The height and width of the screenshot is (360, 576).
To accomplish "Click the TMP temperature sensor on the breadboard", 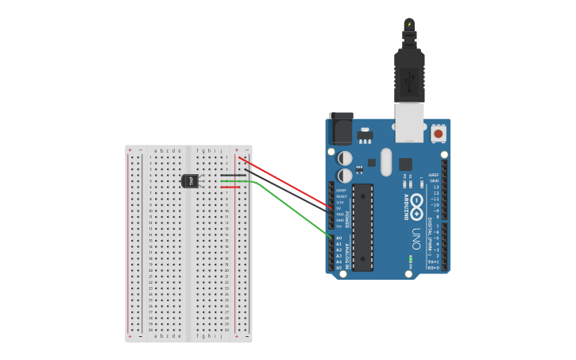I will click(x=190, y=181).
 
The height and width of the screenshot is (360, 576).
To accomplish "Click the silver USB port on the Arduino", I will click(x=409, y=122).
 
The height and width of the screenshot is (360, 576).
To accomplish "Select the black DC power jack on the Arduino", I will click(x=341, y=130).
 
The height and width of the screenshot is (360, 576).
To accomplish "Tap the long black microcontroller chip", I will click(x=362, y=227).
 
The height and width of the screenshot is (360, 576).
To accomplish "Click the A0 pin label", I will click(x=339, y=238).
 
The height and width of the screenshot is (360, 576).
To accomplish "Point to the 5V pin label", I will click(x=339, y=208).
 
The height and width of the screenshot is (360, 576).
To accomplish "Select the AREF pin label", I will click(x=433, y=175).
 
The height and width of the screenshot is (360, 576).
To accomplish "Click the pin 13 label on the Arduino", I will click(x=435, y=187).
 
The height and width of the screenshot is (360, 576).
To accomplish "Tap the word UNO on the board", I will click(x=416, y=238).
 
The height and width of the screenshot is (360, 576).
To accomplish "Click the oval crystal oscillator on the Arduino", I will click(x=386, y=162).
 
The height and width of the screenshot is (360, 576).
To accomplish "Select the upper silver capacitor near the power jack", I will click(x=345, y=158).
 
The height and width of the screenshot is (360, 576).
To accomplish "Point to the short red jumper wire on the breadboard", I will click(x=230, y=188).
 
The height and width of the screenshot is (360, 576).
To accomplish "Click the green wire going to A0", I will click(x=294, y=210).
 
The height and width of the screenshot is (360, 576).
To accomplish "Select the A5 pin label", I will click(x=339, y=268).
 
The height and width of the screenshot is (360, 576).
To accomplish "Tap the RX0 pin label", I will click(x=433, y=268).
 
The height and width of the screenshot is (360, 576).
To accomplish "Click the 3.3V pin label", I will click(x=340, y=202).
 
